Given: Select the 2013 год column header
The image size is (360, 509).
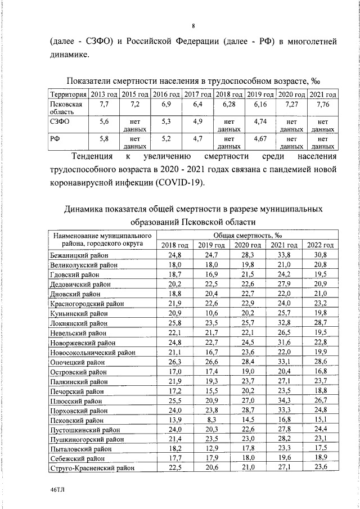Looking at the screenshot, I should [104, 94].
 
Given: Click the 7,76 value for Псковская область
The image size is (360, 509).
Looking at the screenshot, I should [323, 105].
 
